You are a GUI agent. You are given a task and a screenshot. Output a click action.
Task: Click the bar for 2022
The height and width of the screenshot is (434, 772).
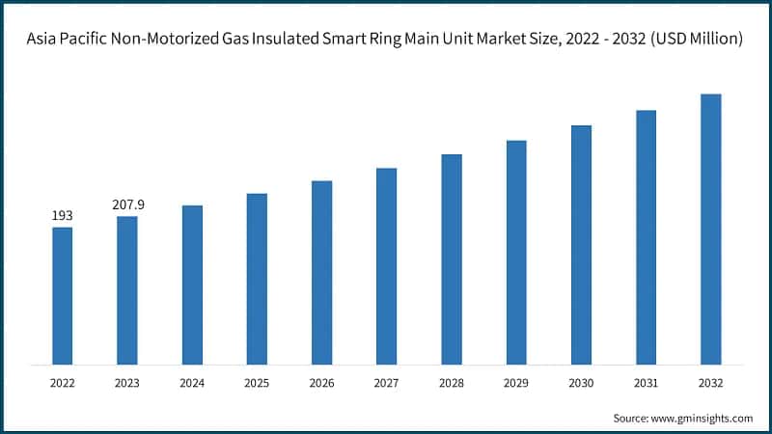[62, 296]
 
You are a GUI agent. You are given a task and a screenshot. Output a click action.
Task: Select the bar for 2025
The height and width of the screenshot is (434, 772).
[257, 280]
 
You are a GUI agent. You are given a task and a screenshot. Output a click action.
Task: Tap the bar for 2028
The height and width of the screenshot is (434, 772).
[452, 259]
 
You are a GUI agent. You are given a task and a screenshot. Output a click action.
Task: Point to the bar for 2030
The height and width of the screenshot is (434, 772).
[581, 245]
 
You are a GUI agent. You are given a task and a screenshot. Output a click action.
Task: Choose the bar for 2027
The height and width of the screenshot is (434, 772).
[386, 266]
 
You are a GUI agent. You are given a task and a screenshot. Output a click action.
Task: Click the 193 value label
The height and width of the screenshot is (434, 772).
[62, 215]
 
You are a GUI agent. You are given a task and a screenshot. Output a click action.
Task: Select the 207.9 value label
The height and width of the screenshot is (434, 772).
[127, 204]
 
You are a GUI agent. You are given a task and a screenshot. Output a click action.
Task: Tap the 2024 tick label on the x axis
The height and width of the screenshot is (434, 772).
[192, 383]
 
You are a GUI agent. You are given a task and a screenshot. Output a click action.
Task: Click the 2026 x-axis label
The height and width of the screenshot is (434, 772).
[321, 383]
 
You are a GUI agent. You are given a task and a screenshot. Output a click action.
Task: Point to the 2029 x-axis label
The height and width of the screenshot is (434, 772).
[516, 383]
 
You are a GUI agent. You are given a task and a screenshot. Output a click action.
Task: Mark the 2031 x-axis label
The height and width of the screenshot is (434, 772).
[647, 383]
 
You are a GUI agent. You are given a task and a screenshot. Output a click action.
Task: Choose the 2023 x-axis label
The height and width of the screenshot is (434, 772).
[127, 383]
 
